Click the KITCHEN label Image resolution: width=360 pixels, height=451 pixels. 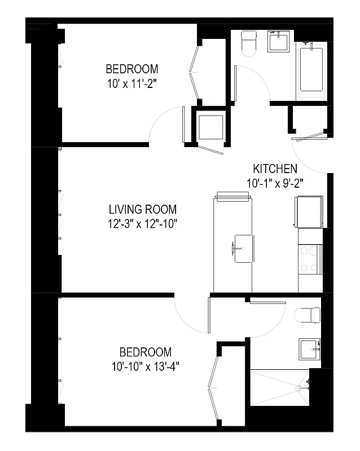point(275,169)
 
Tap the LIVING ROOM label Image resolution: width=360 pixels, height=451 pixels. point(143,209)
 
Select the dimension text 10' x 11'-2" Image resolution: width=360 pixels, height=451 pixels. point(132,83)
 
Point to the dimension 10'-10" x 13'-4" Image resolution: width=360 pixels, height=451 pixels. point(146,366)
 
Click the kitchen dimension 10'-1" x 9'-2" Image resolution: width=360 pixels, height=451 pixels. point(275,183)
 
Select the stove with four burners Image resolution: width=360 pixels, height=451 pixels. point(310,260)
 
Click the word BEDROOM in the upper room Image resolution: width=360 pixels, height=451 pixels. point(132,69)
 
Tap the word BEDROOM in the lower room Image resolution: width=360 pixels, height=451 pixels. point(146,352)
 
